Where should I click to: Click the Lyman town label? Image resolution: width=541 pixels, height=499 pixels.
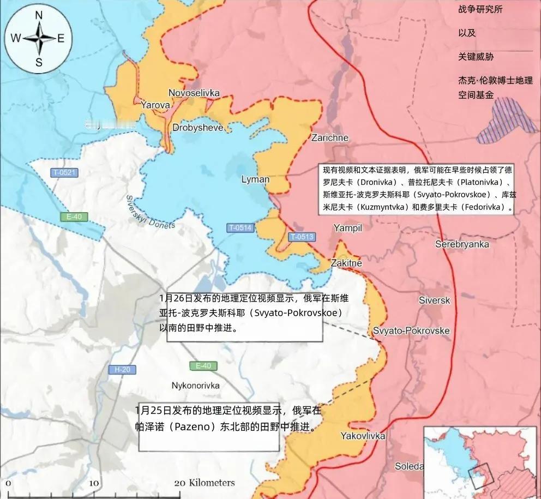tap(255, 179)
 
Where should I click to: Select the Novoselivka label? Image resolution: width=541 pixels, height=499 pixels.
tap(194, 93)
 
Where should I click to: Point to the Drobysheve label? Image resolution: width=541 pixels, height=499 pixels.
tap(197, 128)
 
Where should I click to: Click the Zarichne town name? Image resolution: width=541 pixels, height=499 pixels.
tap(329, 137)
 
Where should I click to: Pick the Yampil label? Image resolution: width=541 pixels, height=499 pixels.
tap(347, 228)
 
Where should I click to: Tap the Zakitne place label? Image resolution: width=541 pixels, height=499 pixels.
tap(346, 263)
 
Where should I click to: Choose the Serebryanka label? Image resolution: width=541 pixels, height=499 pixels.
tap(462, 244)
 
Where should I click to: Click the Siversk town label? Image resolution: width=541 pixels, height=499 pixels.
tap(434, 300)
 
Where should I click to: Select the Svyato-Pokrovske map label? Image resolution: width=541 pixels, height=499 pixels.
tap(411, 331)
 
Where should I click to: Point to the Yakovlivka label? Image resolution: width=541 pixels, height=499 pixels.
tap(363, 436)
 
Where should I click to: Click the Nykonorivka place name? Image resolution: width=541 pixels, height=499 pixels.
tap(195, 386)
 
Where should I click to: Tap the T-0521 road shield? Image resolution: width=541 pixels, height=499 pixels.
tap(64, 173)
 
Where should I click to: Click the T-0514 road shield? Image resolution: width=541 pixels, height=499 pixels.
tap(241, 227)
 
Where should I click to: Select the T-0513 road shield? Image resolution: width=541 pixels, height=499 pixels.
tap(302, 237)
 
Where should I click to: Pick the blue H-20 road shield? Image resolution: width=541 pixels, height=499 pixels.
tap(122, 369)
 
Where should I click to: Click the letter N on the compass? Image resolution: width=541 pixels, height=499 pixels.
tap(39, 15)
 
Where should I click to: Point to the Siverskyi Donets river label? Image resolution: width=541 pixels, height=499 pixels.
tap(150, 212)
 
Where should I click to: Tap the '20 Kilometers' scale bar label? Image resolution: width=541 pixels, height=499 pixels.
tap(205, 483)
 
